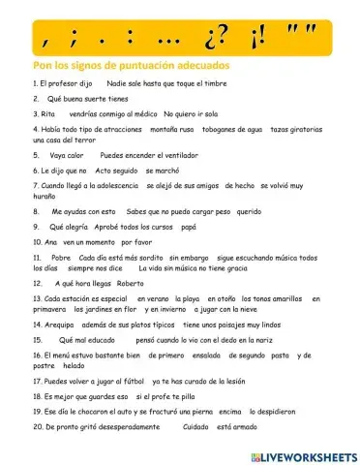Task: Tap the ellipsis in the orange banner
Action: (x=182, y=41)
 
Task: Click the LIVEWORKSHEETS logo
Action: (x=302, y=455)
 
